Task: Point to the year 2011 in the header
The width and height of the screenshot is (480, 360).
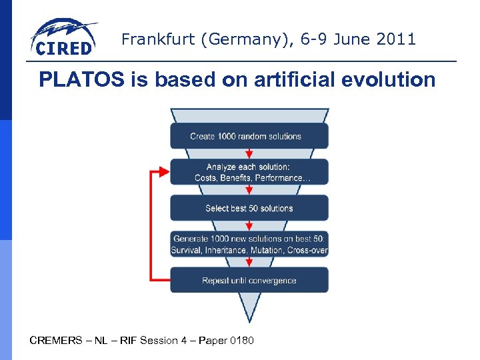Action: click(x=397, y=39)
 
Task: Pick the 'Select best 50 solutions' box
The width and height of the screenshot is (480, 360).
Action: click(x=249, y=208)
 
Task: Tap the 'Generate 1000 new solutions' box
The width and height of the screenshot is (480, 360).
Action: click(x=249, y=244)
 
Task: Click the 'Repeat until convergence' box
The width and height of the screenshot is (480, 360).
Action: click(x=249, y=280)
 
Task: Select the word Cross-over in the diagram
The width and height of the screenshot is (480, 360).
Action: click(x=307, y=251)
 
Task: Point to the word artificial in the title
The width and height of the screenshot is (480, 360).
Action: click(x=296, y=80)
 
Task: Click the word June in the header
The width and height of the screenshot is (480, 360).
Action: click(x=343, y=39)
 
